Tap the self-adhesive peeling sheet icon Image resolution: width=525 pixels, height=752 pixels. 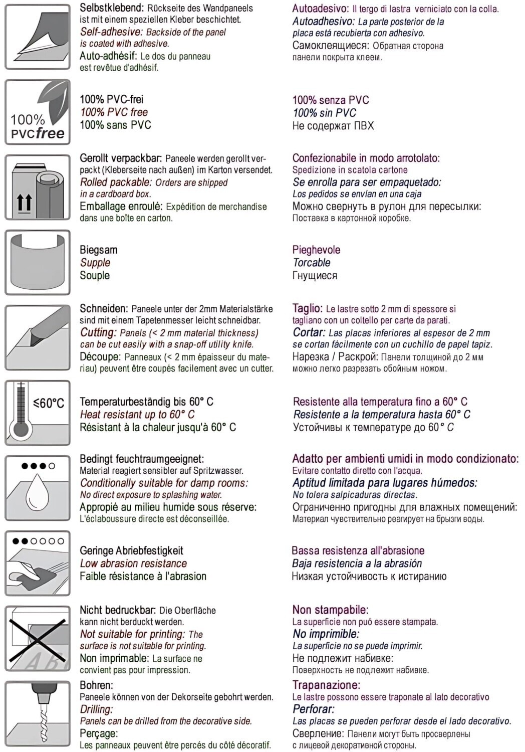point(38,37)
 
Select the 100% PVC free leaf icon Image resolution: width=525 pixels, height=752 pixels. point(38,112)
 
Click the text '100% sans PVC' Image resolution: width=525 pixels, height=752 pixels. point(115,125)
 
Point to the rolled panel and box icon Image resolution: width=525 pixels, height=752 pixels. point(38,187)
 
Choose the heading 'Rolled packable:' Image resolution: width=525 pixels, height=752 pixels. point(115,182)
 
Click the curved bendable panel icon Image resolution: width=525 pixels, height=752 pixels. point(38,262)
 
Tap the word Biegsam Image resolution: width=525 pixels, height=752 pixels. point(98,250)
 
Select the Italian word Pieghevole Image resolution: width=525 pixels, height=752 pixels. point(316,250)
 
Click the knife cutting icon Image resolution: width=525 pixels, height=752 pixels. point(38,337)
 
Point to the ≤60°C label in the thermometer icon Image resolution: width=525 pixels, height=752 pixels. point(49,403)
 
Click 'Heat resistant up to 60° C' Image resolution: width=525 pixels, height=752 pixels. point(137,415)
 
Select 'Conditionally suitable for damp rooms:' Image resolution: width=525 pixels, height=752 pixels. point(164,483)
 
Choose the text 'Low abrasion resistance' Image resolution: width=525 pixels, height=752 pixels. point(133,563)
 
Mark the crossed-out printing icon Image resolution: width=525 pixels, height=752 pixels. point(38,638)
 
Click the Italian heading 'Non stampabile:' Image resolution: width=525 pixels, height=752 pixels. point(330,610)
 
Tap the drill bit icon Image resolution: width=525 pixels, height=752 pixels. point(38,713)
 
